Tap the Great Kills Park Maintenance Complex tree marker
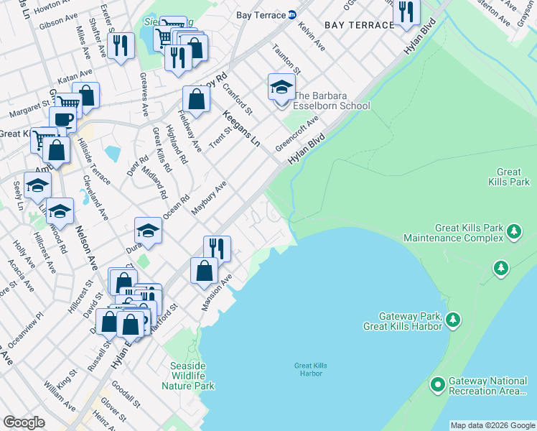(x=514, y=231)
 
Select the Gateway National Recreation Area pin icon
(x=438, y=386)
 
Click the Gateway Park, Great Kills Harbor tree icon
(x=453, y=320)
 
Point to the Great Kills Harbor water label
(x=310, y=369)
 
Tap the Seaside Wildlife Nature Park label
(x=192, y=376)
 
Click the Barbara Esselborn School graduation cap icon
(x=281, y=88)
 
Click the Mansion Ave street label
(x=218, y=290)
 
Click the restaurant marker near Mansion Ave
(x=217, y=249)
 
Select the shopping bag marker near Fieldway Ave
(x=196, y=100)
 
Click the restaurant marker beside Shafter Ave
(x=121, y=46)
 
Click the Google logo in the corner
(x=24, y=422)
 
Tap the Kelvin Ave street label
(x=312, y=39)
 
